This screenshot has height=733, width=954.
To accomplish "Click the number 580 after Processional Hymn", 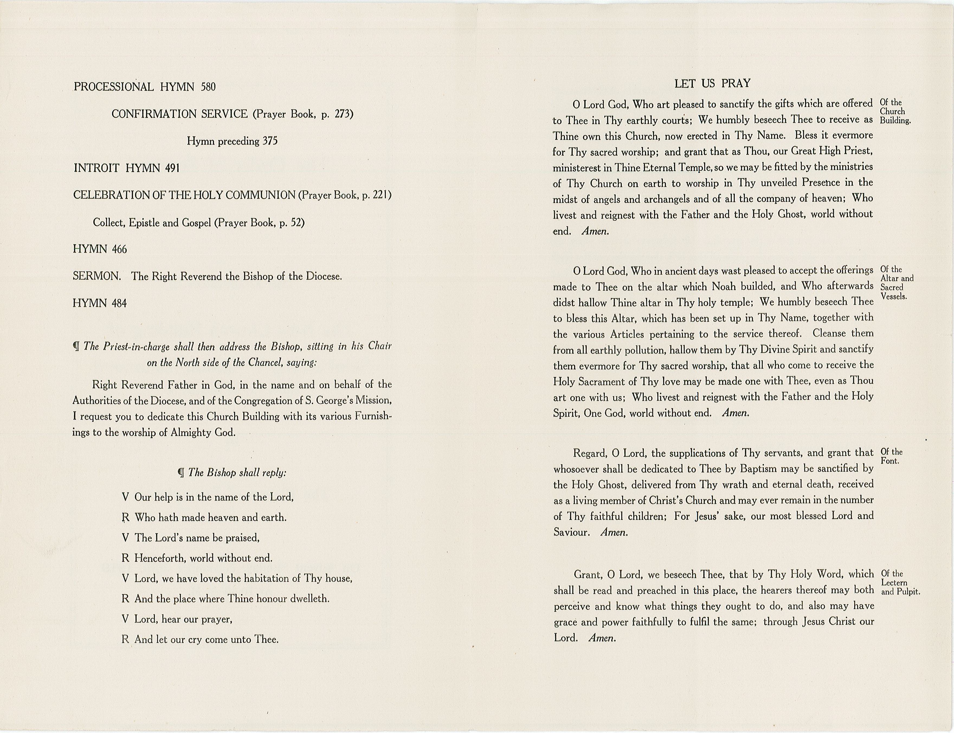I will pos(208,87).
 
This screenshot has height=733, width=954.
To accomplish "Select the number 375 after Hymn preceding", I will pos(270,141).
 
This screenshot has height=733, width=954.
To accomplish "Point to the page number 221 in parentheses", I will pos(380,195).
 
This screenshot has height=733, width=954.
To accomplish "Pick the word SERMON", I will pos(96,276).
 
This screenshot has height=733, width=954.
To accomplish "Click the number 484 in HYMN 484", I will pos(119,303).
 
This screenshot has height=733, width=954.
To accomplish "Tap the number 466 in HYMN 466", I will pos(119,249).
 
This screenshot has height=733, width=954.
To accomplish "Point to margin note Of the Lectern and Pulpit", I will pos(900,582).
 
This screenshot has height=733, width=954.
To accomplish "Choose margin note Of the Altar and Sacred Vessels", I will pos(896,283).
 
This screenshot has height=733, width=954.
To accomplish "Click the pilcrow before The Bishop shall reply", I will pos(181,472).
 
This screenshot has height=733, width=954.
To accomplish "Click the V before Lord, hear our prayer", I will pos(125,619).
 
